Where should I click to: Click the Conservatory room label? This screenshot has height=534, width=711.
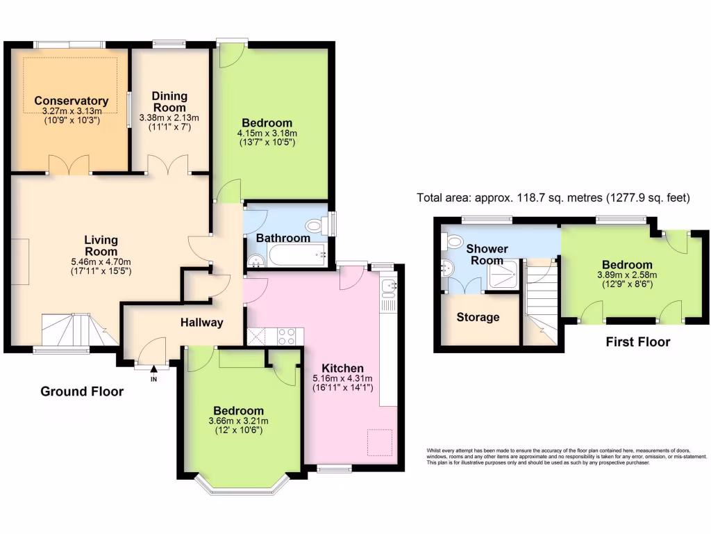coord(71,101)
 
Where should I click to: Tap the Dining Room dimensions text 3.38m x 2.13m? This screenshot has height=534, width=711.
coord(169,118)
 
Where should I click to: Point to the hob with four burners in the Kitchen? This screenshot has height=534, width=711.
coord(287,337)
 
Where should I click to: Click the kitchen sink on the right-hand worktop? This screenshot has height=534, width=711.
coord(388,286)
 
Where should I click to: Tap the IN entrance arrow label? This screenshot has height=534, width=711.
coord(154,379)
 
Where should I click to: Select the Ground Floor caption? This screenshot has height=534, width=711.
coord(82,391)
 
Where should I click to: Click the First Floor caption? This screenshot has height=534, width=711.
coord(637,341)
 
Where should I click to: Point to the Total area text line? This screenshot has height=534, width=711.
coord(553,197)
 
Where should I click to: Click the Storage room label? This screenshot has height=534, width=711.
coord(478,317)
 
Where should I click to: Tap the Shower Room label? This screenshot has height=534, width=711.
coord(487,254)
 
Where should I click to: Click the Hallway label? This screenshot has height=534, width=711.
coord(202,322)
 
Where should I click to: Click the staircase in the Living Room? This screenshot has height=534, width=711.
coord(69,329)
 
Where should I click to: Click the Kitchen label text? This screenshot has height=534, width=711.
coord(342,368)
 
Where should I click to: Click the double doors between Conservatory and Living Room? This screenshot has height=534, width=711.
coord(69,165)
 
